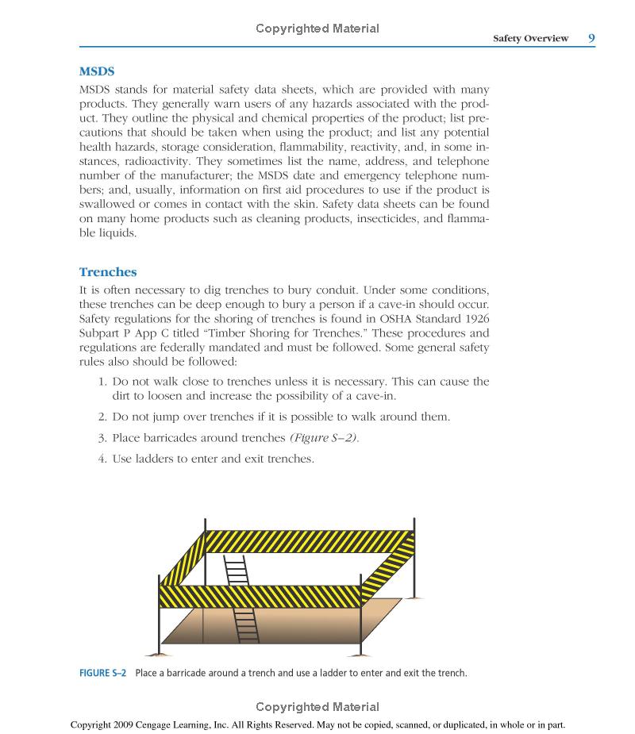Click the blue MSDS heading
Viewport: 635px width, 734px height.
[97, 71]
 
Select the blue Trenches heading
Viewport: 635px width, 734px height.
[108, 272]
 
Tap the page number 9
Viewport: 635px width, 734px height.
[591, 37]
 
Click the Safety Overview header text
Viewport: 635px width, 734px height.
[530, 38]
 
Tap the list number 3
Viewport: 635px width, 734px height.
[102, 438]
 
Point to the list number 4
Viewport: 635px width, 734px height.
[102, 459]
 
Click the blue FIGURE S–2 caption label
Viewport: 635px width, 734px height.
[103, 674]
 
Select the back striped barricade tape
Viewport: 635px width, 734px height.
[310, 541]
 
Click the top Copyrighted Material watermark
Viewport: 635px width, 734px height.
[317, 29]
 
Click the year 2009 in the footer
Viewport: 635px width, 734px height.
[137, 724]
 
